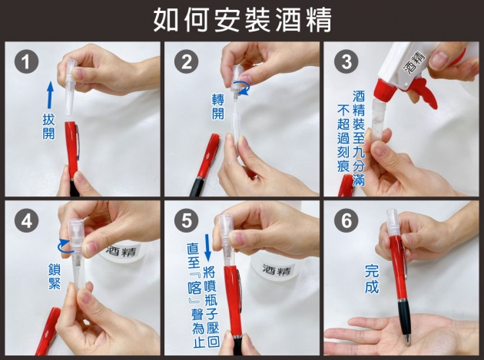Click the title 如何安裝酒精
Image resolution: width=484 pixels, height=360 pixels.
pos(242,20)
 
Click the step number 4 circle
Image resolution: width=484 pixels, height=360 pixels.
pos(27,221)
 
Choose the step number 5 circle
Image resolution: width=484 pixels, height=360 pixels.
pos(187,221)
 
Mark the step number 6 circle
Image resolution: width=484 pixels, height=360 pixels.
pos(346,221)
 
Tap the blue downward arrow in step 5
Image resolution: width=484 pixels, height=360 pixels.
pos(207,247)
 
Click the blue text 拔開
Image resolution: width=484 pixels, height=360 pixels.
pos(48,127)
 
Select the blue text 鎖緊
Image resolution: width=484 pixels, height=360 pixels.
pos(55,276)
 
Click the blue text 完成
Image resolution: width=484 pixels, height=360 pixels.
pos(372,279)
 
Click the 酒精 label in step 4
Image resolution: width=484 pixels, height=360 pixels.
pos(121,251)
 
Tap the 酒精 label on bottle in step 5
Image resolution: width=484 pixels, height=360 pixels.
pos(277,270)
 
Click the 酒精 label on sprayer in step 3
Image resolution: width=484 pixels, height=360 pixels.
pos(416,63)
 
